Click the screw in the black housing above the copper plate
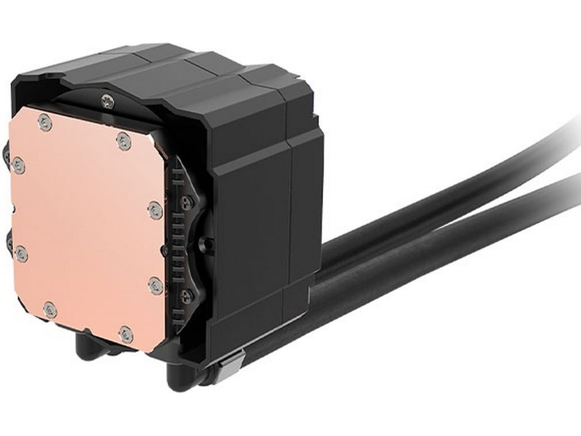pos(107,101)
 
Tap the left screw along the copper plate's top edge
pos(45,123)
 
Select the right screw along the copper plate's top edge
pos(124,141)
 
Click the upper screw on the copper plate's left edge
pos(18,166)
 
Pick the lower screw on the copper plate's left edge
pos(21,253)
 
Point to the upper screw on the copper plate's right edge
pos(155,210)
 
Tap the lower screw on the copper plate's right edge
pos(155,285)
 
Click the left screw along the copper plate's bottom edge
pos(50,310)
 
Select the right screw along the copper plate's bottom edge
pos(126,334)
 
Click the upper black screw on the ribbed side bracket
pos(187,202)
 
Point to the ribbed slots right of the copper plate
pos(177,242)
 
